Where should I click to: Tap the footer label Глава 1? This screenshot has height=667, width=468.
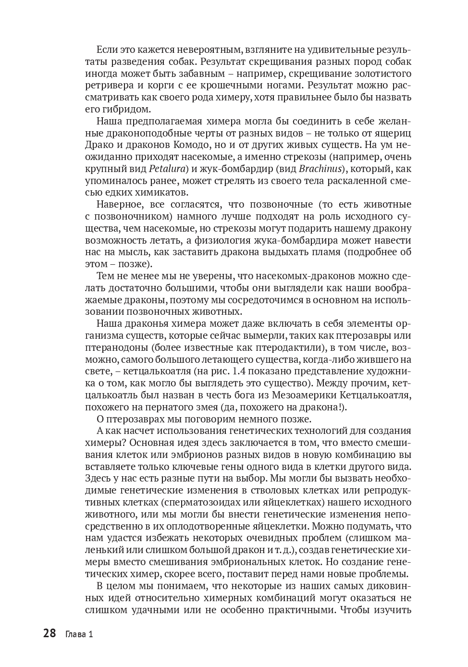click(78, 634)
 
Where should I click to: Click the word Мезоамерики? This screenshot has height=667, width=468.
click(308, 395)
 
